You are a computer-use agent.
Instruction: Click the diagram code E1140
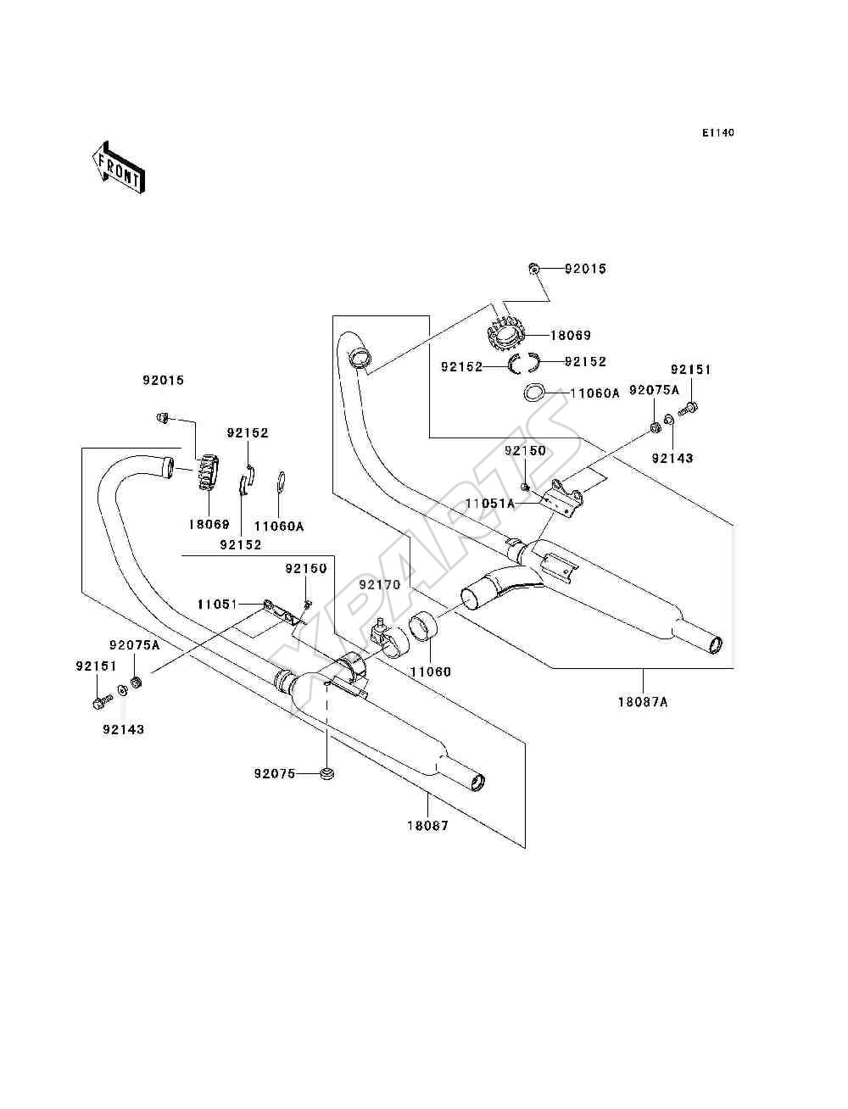[717, 133]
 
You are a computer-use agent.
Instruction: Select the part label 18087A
[643, 702]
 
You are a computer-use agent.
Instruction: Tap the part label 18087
[428, 826]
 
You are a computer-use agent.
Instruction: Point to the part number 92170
[380, 584]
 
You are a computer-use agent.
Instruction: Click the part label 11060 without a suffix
[430, 672]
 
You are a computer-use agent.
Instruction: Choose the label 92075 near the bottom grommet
[275, 773]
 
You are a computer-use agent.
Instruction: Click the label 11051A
[489, 504]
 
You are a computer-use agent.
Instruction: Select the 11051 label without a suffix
[217, 605]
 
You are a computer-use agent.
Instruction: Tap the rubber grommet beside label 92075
[327, 773]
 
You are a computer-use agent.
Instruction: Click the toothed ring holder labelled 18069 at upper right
[507, 334]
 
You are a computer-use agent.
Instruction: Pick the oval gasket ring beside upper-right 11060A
[533, 393]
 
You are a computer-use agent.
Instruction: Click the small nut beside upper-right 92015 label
[533, 268]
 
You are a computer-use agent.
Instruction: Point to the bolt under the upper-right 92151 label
[689, 407]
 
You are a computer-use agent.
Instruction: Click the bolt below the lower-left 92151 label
[103, 702]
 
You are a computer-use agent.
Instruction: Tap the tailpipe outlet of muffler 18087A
[716, 646]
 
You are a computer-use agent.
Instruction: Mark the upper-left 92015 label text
[163, 381]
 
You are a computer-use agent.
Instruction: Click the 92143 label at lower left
[123, 729]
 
